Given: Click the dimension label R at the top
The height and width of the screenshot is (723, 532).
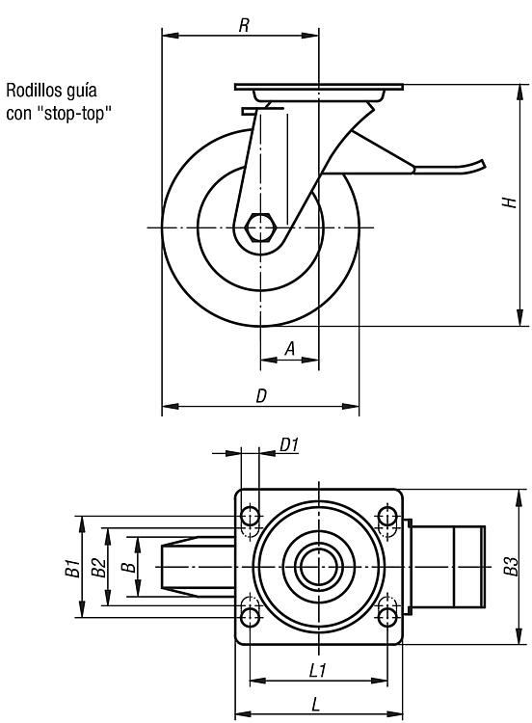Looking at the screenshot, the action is (244, 25).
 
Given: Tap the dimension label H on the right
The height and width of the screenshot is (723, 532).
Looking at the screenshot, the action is (509, 202).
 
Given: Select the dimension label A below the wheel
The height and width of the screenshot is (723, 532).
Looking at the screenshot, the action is (289, 349).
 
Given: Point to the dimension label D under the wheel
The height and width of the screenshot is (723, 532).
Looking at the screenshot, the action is (261, 395).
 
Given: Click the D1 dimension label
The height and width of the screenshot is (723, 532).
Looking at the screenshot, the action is (289, 445).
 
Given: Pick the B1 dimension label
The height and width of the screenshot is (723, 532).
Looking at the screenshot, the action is (72, 568).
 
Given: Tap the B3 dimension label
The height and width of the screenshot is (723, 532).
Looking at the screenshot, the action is (511, 566).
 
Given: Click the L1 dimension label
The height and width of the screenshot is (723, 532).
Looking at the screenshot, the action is (318, 670).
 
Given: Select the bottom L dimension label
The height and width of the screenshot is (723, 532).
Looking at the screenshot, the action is (316, 704).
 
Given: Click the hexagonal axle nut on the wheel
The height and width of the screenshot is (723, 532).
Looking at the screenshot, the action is (260, 228).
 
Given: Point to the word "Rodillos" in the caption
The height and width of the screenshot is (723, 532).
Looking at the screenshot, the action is (35, 91).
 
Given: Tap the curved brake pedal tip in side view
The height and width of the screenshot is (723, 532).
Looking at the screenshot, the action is (480, 165).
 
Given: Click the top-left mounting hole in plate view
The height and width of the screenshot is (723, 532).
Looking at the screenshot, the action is (251, 516).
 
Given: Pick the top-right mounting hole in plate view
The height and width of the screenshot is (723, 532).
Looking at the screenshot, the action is (387, 516).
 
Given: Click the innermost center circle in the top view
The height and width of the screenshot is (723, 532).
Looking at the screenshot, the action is (319, 567).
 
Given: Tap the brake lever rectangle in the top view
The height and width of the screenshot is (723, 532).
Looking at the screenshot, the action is (447, 567).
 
